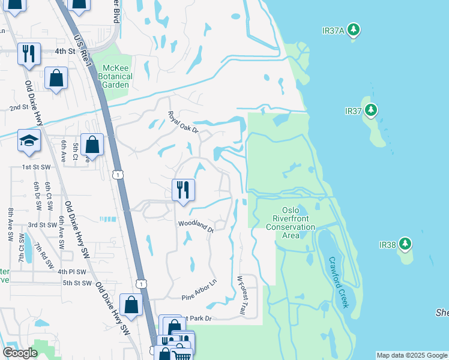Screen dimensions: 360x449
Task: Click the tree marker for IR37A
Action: click(x=354, y=29)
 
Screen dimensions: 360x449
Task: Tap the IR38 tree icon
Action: click(x=406, y=244)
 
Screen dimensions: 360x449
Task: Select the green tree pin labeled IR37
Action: click(x=371, y=110)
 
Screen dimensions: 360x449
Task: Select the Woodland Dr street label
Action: click(x=196, y=226)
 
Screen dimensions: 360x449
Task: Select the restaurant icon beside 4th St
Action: click(x=29, y=54)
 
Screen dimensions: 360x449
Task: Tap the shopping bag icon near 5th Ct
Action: click(x=92, y=144)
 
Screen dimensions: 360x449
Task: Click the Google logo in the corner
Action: click(x=20, y=353)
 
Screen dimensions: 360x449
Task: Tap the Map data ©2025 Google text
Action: click(x=412, y=355)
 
